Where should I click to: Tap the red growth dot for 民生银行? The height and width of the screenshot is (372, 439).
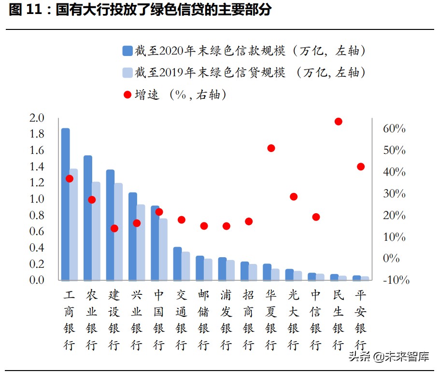338,122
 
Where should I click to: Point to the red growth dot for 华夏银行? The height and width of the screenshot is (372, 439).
271,148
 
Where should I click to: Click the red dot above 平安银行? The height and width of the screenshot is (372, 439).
360,166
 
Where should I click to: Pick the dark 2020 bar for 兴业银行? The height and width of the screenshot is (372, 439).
132,236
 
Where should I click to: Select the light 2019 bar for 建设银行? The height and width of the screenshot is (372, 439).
118,232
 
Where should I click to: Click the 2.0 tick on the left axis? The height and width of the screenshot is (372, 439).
37,118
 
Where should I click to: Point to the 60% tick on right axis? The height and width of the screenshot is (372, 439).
394,129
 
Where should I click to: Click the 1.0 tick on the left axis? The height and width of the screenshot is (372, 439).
37,199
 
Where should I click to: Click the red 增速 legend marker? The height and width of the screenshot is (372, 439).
127,95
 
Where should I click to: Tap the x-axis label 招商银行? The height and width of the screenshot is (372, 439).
248,319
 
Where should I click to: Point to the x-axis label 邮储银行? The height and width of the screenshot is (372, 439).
204,319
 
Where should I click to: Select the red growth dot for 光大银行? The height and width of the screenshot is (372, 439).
293,196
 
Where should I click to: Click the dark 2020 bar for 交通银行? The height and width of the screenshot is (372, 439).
177,263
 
